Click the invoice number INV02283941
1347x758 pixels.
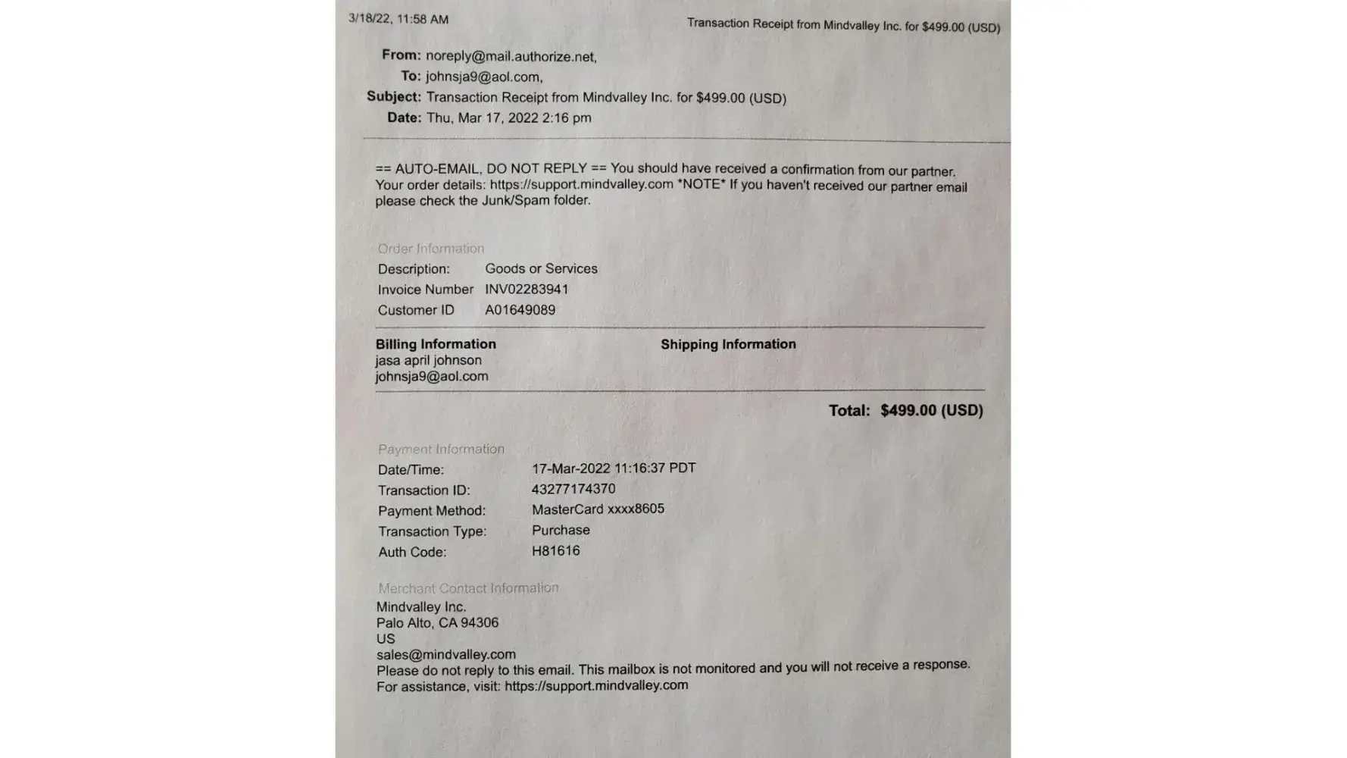(527, 290)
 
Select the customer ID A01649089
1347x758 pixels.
(520, 310)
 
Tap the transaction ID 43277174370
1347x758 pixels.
(573, 489)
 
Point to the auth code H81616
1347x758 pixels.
(555, 551)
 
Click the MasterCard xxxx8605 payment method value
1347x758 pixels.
(598, 509)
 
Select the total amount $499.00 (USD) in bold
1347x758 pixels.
(931, 410)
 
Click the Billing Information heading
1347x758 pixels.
(436, 344)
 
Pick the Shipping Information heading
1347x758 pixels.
(728, 344)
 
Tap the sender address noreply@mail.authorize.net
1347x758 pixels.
(511, 57)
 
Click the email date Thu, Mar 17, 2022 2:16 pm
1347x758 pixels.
(508, 118)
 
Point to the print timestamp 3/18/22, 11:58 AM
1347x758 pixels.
(398, 19)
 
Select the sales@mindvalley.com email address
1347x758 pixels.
(445, 654)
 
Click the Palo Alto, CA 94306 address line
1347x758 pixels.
(437, 623)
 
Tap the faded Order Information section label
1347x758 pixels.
(430, 249)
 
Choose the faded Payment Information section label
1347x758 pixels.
(441, 449)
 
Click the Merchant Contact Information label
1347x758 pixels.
(468, 588)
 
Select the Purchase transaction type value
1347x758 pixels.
(561, 531)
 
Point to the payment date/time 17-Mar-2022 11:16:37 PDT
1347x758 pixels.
(613, 468)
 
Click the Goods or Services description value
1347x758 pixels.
(541, 269)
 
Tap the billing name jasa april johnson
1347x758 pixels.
(428, 361)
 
